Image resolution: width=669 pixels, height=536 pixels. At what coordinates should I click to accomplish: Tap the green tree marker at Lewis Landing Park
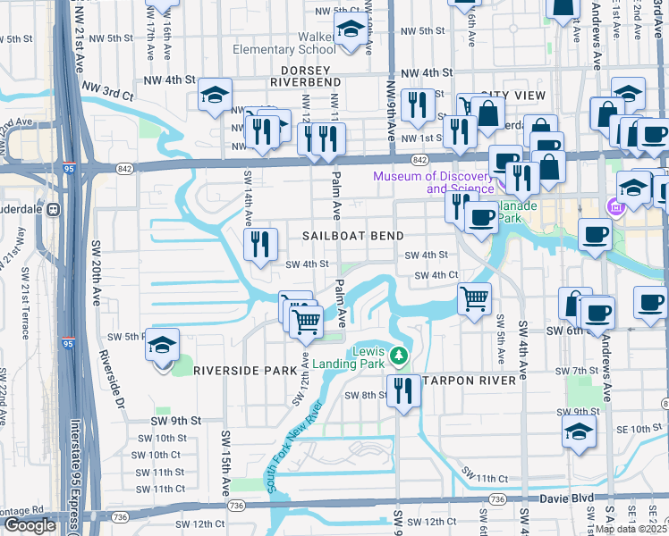point(400,357)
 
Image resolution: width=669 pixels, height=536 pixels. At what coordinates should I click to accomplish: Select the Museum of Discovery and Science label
point(434,181)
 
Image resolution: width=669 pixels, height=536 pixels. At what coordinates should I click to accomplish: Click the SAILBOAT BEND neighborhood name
point(352,235)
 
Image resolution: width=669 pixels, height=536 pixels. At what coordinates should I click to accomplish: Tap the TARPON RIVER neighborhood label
point(469,381)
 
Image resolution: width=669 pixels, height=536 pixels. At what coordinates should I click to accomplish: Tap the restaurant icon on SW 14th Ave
point(260,245)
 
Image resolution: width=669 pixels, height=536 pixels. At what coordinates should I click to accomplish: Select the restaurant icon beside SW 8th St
point(403,390)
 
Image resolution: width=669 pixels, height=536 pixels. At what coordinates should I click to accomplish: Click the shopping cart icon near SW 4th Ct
point(474,297)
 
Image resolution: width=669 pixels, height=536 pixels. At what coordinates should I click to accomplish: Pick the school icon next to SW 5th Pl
point(162,347)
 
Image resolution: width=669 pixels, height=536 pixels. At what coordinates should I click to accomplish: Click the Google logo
point(30,525)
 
